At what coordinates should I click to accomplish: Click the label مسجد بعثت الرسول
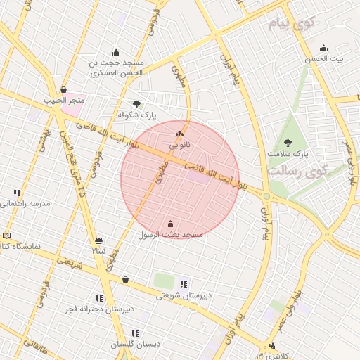pos(170,233)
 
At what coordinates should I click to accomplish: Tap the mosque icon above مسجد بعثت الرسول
pos(170,224)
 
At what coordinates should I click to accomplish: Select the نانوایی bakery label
pos(180,146)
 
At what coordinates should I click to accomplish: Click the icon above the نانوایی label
pos(180,134)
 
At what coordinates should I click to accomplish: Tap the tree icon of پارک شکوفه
pos(136,103)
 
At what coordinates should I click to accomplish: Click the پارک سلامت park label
pos(288,153)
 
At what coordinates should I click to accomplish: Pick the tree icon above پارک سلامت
pos(288,142)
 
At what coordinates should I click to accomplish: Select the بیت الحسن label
pos(323,59)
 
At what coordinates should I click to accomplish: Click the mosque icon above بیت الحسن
pos(323,49)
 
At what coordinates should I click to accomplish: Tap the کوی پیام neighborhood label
pos(289,25)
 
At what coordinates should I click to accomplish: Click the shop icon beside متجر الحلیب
pos(64,89)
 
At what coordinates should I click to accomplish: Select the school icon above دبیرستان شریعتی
pos(184,284)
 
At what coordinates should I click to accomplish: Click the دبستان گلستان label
pos(136,345)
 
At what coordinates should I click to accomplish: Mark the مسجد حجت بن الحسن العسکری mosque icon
pos(116,51)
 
